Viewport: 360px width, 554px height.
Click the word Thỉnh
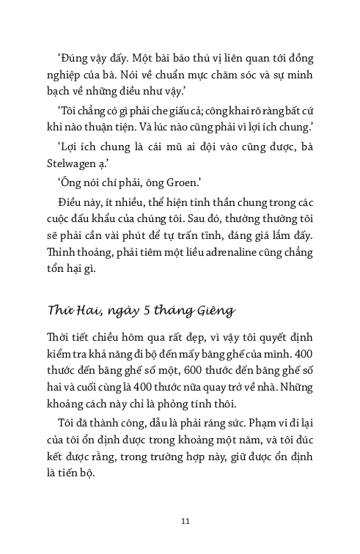[x=65, y=252]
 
